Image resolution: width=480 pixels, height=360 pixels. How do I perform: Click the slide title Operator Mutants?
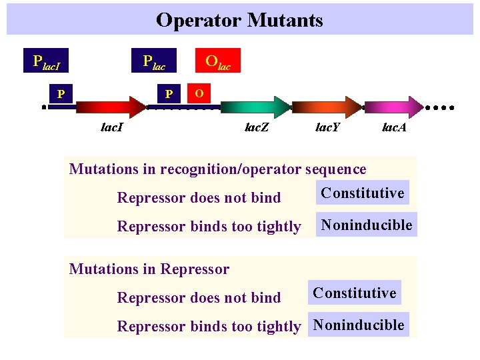(x=239, y=20)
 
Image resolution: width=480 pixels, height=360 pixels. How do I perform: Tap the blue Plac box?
(x=154, y=61)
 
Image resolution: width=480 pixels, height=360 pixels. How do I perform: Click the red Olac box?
(x=217, y=61)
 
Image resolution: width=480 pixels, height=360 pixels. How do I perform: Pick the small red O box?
(x=199, y=91)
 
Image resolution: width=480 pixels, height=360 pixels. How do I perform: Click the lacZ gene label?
(x=257, y=127)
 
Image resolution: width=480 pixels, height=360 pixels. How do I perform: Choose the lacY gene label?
(x=327, y=127)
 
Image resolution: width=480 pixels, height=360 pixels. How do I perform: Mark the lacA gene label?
(x=394, y=127)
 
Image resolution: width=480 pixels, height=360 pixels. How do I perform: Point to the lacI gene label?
(x=111, y=127)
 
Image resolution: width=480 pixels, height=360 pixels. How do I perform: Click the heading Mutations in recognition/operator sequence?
(x=218, y=169)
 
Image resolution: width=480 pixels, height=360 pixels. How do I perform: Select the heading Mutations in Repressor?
(x=149, y=269)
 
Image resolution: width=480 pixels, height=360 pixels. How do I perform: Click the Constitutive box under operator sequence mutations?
(x=363, y=193)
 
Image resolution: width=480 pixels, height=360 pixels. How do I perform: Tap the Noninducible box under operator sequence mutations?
(x=367, y=225)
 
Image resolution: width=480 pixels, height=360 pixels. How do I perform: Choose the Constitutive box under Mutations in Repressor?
(x=355, y=293)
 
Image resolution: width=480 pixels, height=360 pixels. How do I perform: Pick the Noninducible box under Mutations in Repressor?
(x=359, y=325)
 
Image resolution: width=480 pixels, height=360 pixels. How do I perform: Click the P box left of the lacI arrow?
(x=61, y=94)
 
